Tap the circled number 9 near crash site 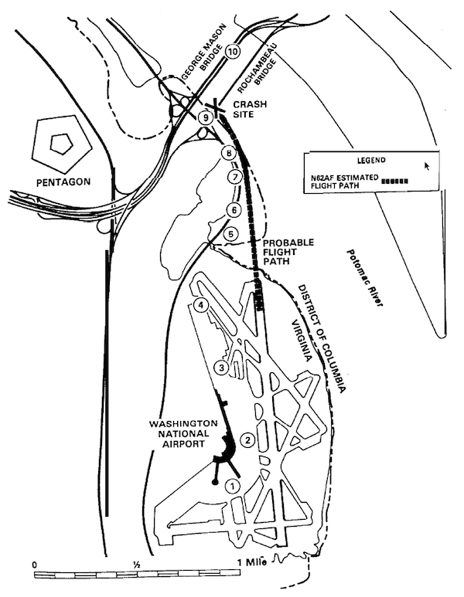click(x=205, y=117)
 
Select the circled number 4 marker click(x=201, y=305)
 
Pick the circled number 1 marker click(x=231, y=487)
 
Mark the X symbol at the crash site click(x=219, y=107)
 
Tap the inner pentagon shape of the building click(x=60, y=142)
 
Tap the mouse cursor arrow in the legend click(x=427, y=165)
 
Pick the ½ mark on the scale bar click(x=136, y=563)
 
